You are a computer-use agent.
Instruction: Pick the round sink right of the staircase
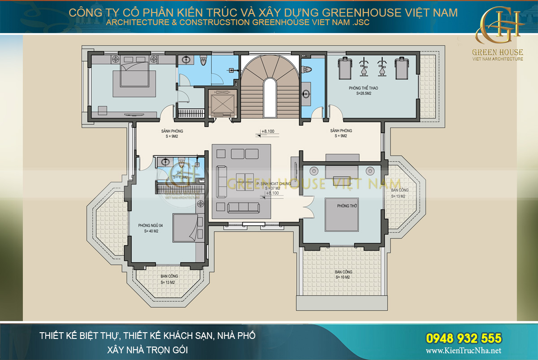[306, 94]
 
